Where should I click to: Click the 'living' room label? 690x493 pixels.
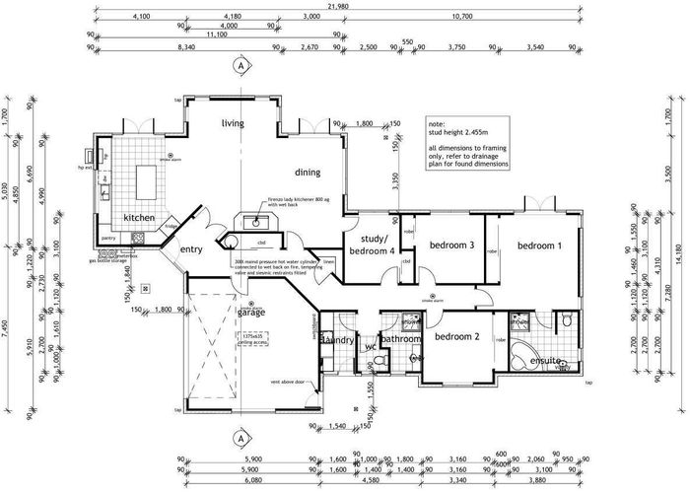pos(233,123)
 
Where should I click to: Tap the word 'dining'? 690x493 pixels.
pos(308,173)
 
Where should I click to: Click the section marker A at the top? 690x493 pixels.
pos(239,66)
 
